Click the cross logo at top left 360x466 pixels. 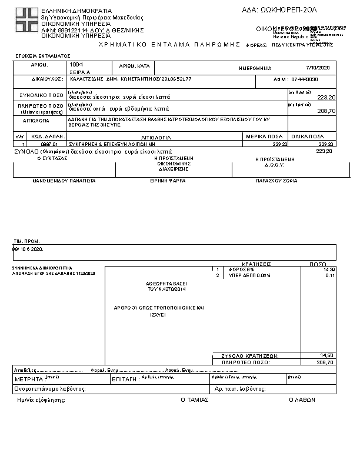click(x=26, y=21)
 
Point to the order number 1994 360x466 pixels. click(x=76, y=64)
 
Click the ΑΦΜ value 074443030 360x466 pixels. click(x=305, y=79)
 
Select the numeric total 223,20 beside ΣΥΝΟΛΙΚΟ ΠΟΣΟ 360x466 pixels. click(x=326, y=97)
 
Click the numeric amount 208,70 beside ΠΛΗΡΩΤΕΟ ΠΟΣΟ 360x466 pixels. click(x=326, y=111)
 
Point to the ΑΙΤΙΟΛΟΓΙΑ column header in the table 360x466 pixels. click(x=155, y=137)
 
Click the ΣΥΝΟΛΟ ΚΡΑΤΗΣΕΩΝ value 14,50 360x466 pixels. click(x=327, y=355)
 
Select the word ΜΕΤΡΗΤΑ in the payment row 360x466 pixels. click(x=29, y=380)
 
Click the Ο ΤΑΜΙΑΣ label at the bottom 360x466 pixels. click(x=191, y=400)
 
